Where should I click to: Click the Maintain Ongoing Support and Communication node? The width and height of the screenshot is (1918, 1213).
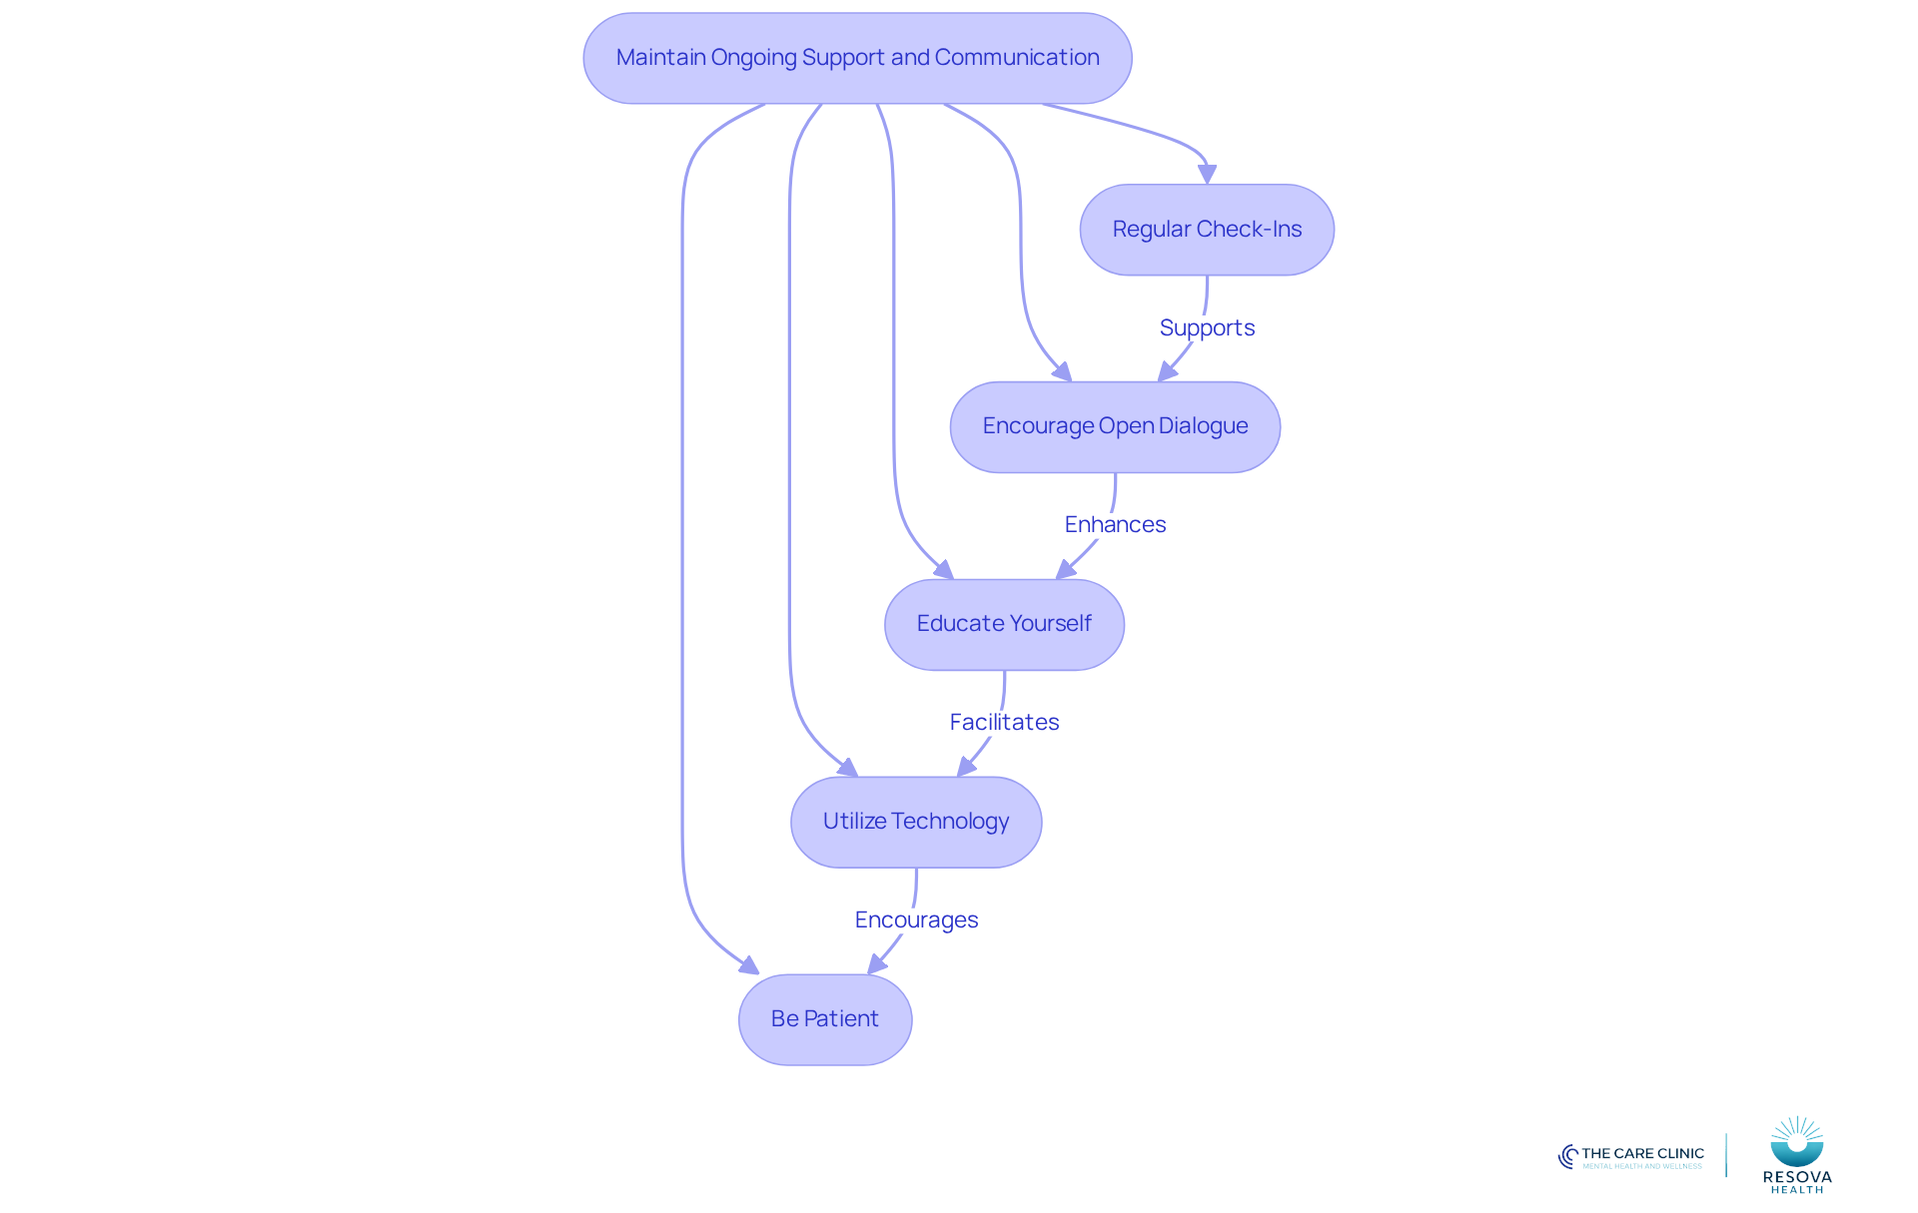click(857, 58)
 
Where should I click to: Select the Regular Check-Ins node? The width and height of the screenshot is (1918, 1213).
click(1207, 230)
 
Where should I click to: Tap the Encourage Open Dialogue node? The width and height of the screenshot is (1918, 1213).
click(1115, 426)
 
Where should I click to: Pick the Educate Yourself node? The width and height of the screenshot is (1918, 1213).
click(1004, 624)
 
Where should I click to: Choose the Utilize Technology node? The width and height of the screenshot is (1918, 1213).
click(916, 822)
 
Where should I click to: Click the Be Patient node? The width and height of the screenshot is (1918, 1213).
click(825, 1019)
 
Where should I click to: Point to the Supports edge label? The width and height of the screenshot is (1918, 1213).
click(1207, 327)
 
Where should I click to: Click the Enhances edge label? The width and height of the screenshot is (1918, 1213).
click(1115, 524)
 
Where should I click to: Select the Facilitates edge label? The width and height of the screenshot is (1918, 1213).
click(1004, 722)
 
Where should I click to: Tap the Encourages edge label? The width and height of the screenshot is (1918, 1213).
click(916, 919)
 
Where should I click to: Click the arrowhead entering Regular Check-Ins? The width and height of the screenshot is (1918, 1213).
click(1207, 175)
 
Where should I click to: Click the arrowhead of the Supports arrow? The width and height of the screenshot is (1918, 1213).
click(1167, 372)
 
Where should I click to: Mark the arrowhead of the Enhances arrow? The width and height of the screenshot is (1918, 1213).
click(1066, 570)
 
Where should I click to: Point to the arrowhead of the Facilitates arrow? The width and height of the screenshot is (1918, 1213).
click(966, 767)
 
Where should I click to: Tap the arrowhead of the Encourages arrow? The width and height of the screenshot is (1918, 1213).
click(877, 964)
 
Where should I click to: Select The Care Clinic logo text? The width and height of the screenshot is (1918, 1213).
click(1642, 1153)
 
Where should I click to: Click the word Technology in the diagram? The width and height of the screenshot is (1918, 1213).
click(950, 822)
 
